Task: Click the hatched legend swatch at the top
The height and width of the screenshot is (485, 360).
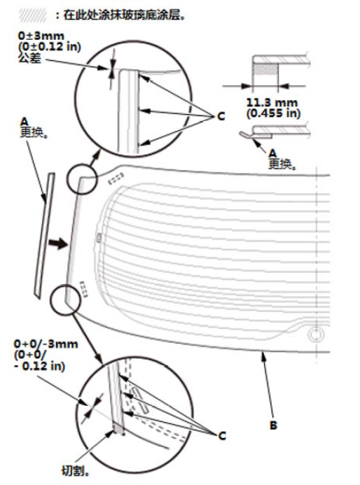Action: coord(32,15)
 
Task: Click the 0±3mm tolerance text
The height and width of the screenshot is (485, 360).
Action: coord(41,35)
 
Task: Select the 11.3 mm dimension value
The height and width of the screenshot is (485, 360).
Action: coord(272,102)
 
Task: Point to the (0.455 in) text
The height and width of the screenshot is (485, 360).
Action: coord(273,113)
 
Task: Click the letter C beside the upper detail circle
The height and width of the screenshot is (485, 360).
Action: coord(221,117)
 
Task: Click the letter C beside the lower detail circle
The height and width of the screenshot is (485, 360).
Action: coord(222,436)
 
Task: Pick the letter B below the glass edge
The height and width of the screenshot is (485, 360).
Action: coord(273,426)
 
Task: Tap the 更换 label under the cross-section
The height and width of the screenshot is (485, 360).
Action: coord(282,164)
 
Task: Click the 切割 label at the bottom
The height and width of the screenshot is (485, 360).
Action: coord(76,471)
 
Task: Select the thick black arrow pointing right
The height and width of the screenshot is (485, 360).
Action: coord(58,244)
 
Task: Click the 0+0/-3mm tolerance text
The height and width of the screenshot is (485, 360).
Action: coord(46,344)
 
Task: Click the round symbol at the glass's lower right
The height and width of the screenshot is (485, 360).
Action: coord(316,335)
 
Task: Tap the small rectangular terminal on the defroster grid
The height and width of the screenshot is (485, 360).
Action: coord(99,237)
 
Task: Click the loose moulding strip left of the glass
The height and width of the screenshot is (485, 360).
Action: coord(43,236)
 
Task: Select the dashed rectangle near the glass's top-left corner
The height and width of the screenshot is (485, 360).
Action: coord(116,178)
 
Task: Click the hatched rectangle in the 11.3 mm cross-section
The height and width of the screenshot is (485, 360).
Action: coord(265,69)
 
